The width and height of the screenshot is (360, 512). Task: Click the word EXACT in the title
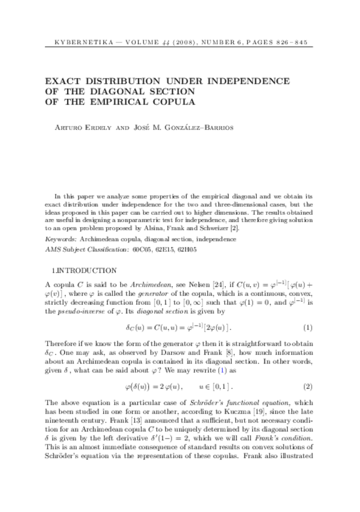coord(67,80)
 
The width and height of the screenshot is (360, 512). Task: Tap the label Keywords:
coord(63,239)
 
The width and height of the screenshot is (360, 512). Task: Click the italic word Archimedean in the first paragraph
coord(139,284)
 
